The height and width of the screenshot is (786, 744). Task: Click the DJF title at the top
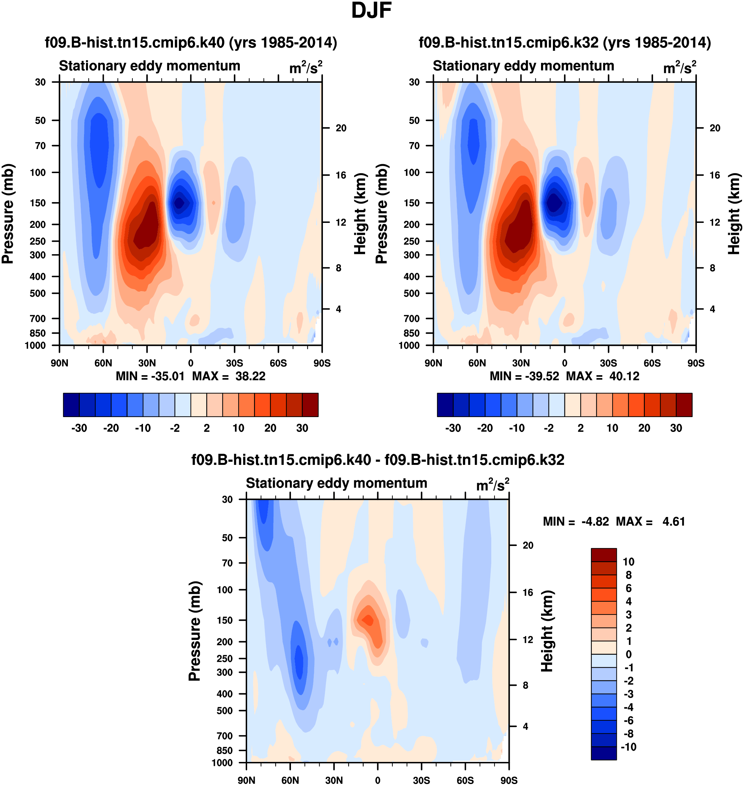[x=371, y=11]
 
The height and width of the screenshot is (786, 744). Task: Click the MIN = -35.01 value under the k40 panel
[x=150, y=376]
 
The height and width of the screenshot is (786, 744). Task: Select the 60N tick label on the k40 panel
[x=103, y=363]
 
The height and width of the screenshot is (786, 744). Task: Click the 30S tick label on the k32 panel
[x=608, y=363]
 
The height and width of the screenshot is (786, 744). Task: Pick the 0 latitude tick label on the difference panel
[x=378, y=780]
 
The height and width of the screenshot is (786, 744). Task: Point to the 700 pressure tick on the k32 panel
[x=412, y=318]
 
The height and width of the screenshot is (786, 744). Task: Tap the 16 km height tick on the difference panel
[x=528, y=592]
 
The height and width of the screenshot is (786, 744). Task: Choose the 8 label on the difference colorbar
[x=628, y=575]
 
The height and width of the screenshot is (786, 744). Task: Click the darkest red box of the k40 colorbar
[x=310, y=405]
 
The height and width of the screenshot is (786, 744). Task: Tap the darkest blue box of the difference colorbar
[x=604, y=753]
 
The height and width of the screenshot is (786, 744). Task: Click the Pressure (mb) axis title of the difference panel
[x=194, y=631]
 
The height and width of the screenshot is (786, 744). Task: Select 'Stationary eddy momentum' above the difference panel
[x=336, y=483]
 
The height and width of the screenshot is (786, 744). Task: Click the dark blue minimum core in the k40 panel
[x=179, y=203]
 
